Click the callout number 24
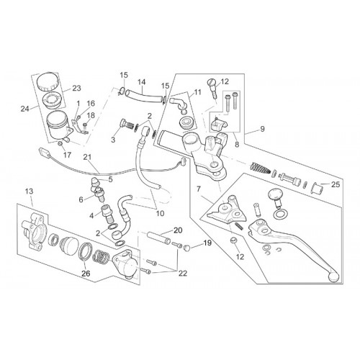[x=24, y=109]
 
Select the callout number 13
[x=29, y=192]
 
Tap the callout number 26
[x=86, y=273]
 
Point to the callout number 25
[x=336, y=184]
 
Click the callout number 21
[x=87, y=157]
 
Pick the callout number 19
[x=207, y=243]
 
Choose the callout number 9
[x=262, y=129]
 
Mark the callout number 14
[x=142, y=82]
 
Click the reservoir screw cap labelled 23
[x=48, y=81]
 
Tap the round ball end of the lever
[x=333, y=276]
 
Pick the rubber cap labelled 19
[x=186, y=248]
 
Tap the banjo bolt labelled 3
[x=126, y=125]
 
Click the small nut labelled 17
[x=60, y=144]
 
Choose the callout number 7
[x=198, y=189]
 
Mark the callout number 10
[x=160, y=213]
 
